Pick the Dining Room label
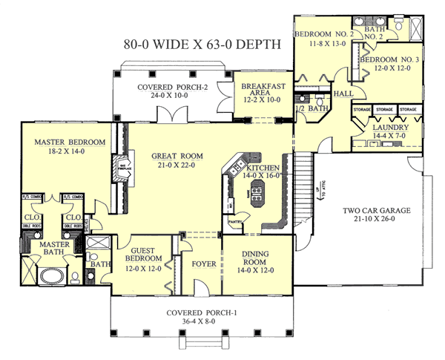[254, 257]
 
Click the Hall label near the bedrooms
[343, 94]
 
